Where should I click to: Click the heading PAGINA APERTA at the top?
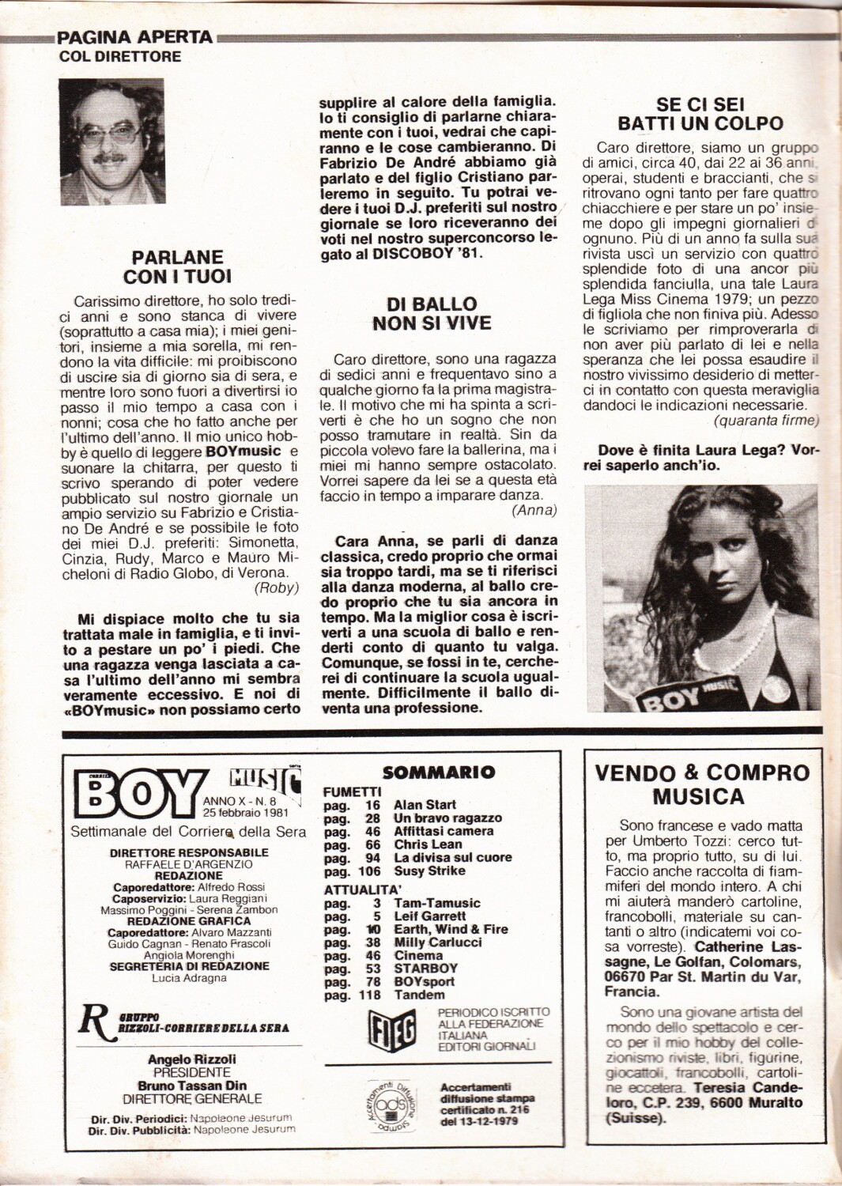(135, 37)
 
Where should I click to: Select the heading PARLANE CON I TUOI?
(177, 266)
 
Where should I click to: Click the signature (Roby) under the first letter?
(277, 587)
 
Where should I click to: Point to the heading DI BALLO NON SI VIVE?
(432, 313)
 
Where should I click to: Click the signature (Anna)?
(534, 510)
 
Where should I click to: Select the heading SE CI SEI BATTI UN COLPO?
(700, 114)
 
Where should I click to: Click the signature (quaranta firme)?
(766, 420)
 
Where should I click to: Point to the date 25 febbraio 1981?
(246, 812)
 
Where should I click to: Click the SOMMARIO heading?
(438, 772)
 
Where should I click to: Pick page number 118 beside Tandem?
(370, 995)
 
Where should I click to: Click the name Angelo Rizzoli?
(191, 1059)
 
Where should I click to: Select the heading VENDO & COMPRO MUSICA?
(703, 784)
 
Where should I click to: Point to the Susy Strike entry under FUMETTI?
(429, 871)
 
